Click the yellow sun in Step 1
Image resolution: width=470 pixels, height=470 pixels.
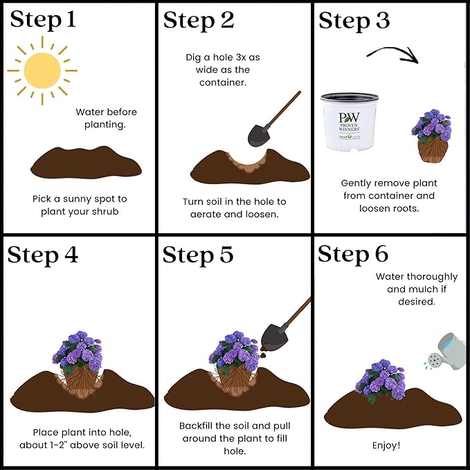click(x=42, y=71)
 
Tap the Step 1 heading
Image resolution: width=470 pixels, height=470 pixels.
click(x=43, y=20)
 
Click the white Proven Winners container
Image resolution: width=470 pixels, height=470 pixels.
click(x=350, y=122)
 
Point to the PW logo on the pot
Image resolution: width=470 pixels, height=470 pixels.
click(x=349, y=117)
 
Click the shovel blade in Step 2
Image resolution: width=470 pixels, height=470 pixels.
click(x=259, y=136)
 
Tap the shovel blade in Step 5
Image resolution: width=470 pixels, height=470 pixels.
click(x=274, y=337)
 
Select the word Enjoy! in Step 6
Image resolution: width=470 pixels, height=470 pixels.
click(x=386, y=445)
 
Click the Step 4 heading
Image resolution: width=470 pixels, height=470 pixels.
click(x=42, y=255)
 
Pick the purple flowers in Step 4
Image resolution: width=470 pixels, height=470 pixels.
click(x=78, y=350)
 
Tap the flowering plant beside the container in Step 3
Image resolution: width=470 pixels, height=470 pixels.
click(x=431, y=136)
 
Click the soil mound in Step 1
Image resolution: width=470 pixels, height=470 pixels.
click(x=86, y=163)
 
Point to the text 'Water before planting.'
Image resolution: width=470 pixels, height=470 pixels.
click(x=106, y=118)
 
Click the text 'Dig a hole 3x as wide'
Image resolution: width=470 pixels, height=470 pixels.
click(x=223, y=64)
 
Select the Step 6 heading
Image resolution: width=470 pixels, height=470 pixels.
click(x=353, y=254)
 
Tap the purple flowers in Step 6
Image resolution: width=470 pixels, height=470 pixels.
click(x=381, y=379)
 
